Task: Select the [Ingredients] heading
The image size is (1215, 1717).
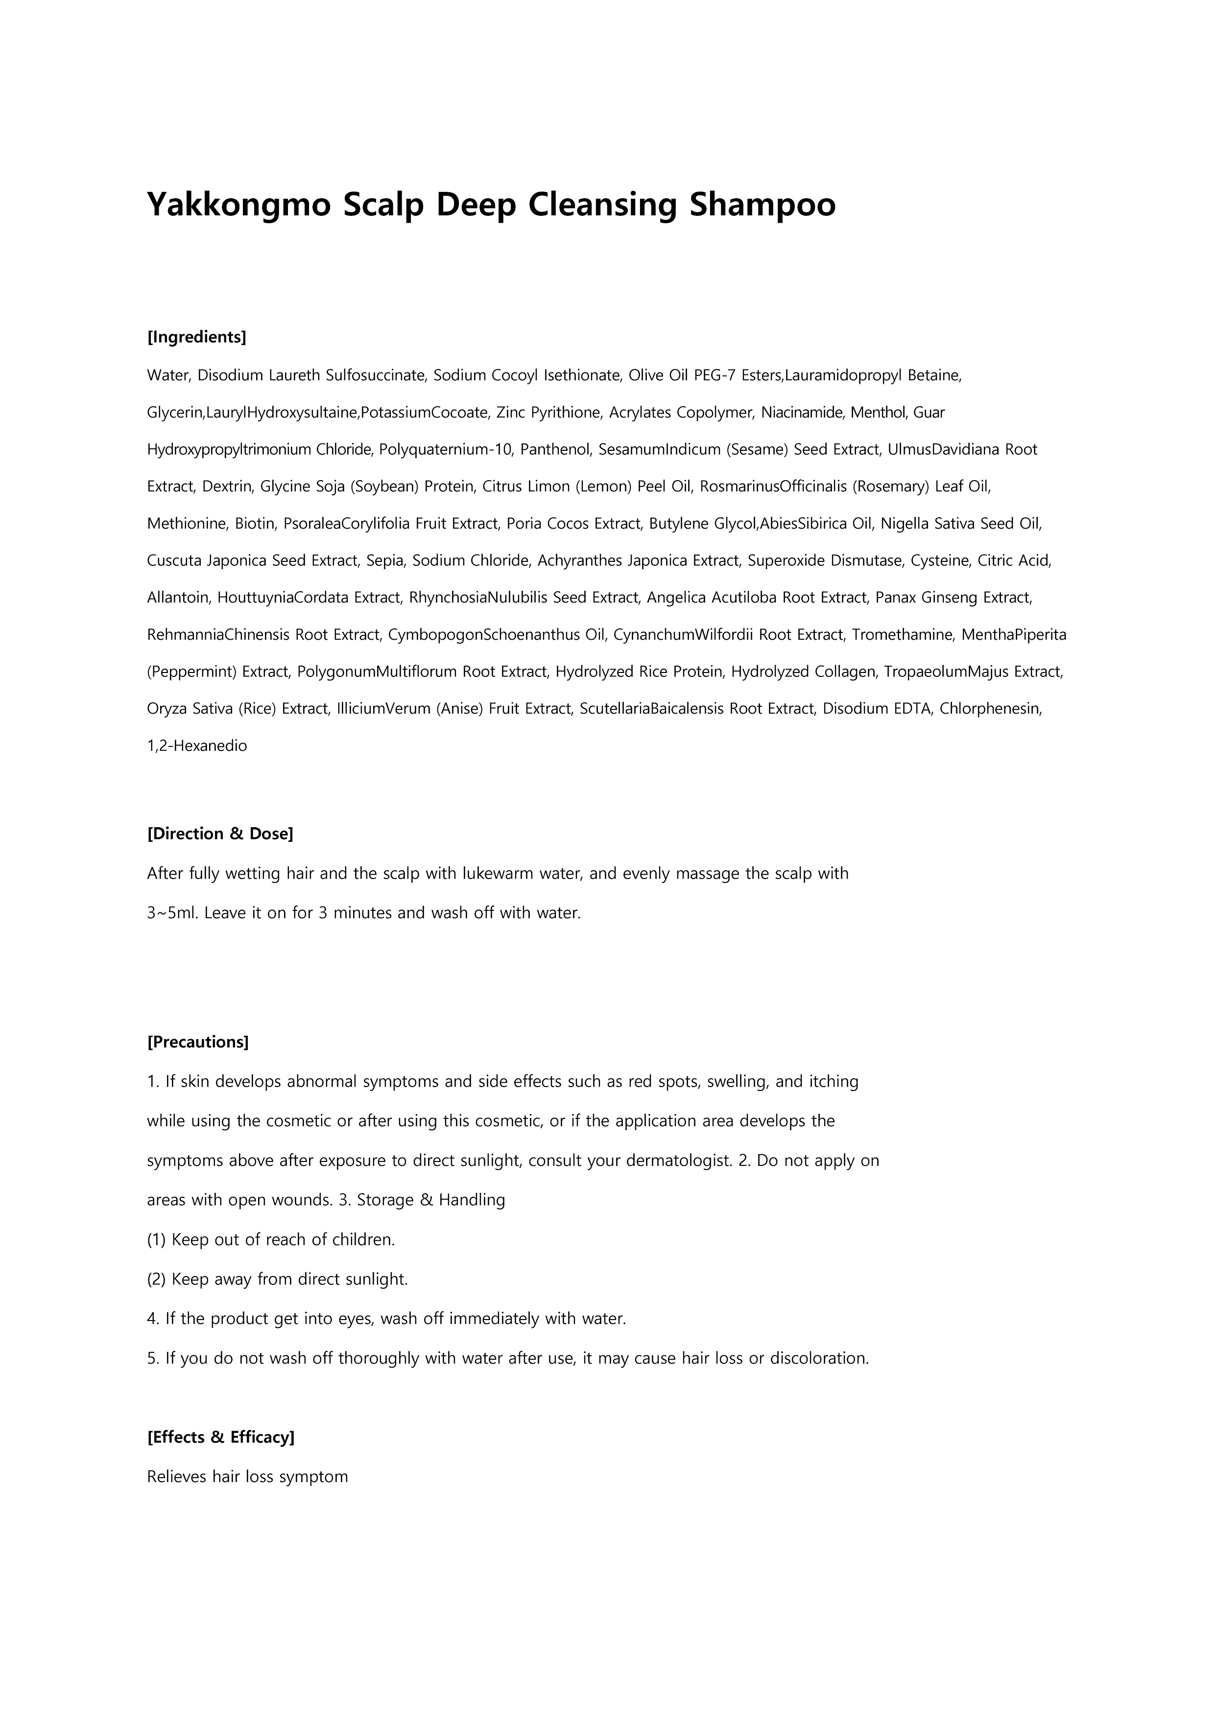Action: pyautogui.click(x=197, y=337)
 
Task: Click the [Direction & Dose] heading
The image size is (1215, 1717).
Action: pyautogui.click(x=220, y=834)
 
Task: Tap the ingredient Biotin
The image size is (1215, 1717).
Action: pyautogui.click(x=254, y=524)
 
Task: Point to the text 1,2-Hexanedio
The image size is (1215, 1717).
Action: pyautogui.click(x=197, y=745)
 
